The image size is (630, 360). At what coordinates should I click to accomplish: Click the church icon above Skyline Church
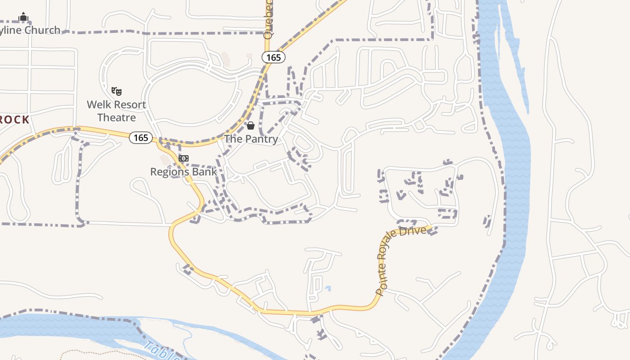23,17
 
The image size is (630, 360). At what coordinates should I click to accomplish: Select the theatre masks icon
117,91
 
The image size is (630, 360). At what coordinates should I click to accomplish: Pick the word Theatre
117,117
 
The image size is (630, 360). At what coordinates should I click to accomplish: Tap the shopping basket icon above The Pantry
251,126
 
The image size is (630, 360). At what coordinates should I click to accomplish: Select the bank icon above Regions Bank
184,158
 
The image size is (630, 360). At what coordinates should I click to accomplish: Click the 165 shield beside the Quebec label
274,57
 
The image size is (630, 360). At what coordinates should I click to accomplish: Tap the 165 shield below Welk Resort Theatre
141,138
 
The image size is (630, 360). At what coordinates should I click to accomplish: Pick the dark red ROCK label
14,120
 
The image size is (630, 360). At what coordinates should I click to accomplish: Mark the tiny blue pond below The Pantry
328,288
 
